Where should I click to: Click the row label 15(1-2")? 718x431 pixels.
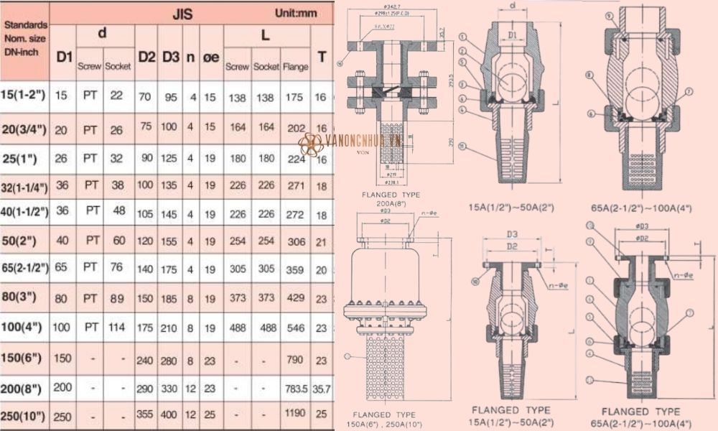(x=24, y=96)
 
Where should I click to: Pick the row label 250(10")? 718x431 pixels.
(x=24, y=416)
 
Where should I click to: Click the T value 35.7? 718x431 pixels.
(x=322, y=388)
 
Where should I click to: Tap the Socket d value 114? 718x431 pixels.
(x=117, y=327)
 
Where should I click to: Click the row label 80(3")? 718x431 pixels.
(x=24, y=295)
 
